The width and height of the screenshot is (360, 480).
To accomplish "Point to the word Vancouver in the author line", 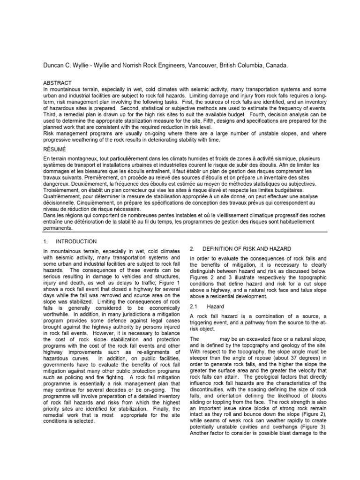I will click(x=203, y=66).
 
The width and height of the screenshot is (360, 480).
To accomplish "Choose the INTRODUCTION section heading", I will click(x=76, y=241).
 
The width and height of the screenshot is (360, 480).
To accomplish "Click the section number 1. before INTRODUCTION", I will click(x=45, y=241).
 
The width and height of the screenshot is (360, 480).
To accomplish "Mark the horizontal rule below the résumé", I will click(x=180, y=232).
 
